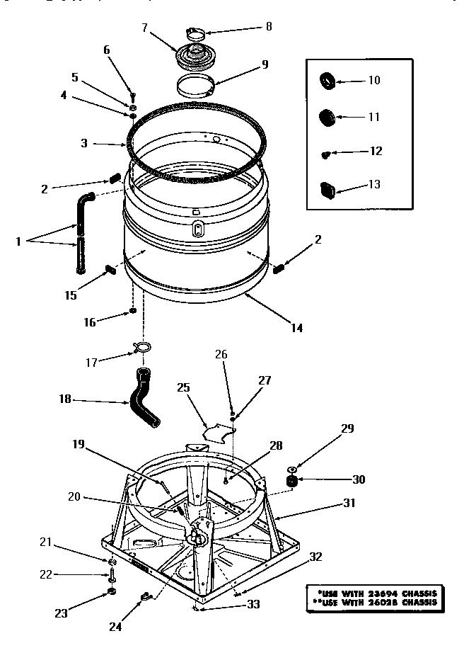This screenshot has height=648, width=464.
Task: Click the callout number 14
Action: click(x=296, y=327)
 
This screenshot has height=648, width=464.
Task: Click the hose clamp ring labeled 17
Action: click(x=142, y=347)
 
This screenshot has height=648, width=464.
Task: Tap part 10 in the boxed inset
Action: click(x=328, y=80)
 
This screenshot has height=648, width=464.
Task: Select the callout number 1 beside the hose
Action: click(x=18, y=241)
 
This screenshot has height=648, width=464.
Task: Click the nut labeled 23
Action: click(x=112, y=592)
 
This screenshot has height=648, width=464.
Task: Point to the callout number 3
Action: click(x=84, y=142)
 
